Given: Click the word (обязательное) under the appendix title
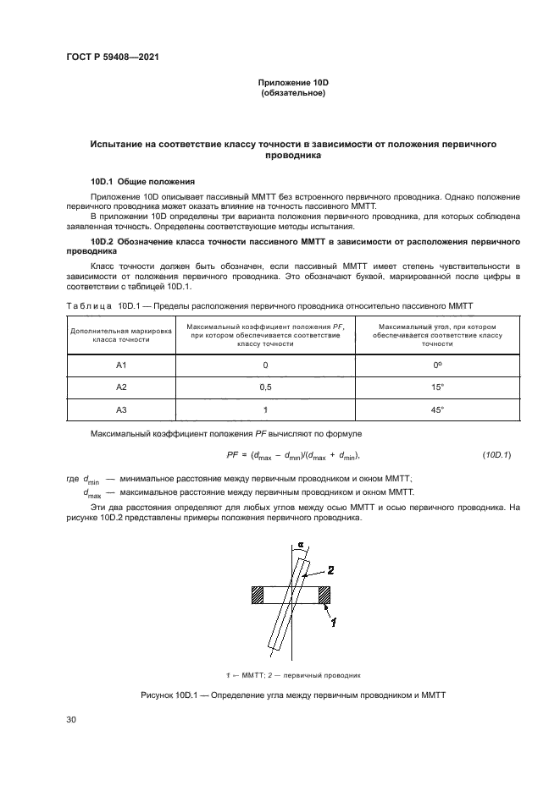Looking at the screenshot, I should click(293, 93).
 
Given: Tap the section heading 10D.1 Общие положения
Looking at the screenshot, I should click(143, 181).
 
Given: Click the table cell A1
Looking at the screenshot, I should click(120, 365).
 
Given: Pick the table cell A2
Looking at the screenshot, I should click(120, 387).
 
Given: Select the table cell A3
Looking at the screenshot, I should click(120, 409).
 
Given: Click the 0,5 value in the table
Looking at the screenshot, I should click(264, 387).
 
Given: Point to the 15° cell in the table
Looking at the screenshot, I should click(438, 387).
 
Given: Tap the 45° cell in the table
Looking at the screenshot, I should click(438, 409).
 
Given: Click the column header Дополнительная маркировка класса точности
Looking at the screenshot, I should click(120, 333).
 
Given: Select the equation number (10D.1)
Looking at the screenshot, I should click(496, 455).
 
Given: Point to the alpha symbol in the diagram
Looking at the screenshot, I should click(299, 546).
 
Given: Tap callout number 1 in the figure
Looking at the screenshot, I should click(334, 623).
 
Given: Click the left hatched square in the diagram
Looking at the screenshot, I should click(258, 596).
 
